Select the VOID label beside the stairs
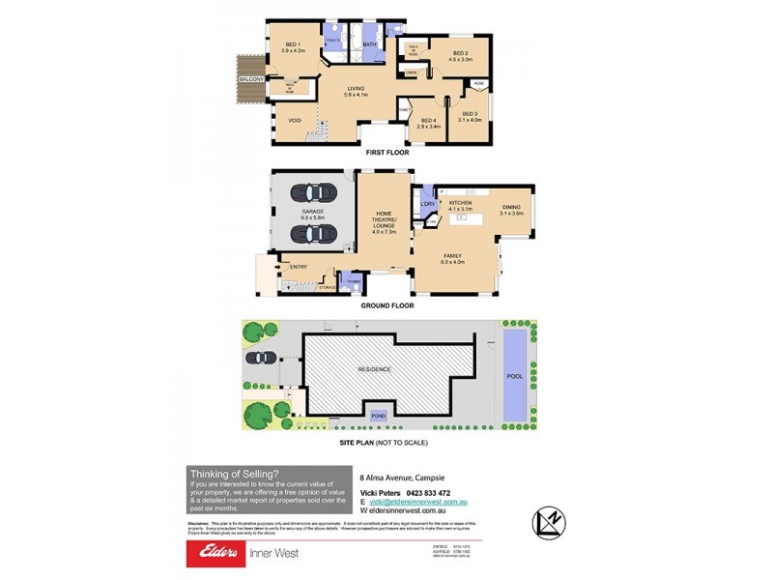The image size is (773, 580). pyautogui.click(x=294, y=120)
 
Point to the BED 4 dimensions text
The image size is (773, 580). pyautogui.click(x=428, y=127)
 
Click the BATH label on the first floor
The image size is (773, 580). pyautogui.click(x=369, y=44)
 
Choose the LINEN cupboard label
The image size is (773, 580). pyautogui.click(x=411, y=72)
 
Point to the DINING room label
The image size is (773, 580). pyautogui.click(x=512, y=206)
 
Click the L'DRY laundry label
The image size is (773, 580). pyautogui.click(x=427, y=203)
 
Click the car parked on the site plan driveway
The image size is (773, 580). pyautogui.click(x=260, y=358)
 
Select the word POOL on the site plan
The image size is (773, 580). pyautogui.click(x=514, y=376)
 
